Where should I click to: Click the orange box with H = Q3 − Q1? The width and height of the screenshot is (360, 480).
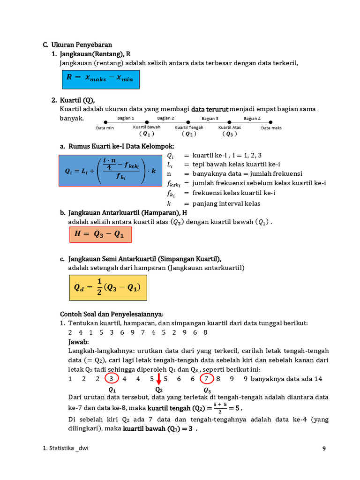coord(101,234)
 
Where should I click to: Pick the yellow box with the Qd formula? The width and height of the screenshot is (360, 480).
coord(108,287)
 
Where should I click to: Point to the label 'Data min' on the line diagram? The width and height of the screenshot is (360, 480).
coord(105,127)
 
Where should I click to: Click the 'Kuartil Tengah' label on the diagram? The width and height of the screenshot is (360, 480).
coord(189,127)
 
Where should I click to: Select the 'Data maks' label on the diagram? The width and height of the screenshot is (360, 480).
coord(271,127)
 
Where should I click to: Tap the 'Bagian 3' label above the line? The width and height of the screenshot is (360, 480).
coord(210,119)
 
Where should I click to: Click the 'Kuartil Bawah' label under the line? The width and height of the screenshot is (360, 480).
coord(147,127)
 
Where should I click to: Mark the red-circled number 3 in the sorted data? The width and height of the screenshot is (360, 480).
coord(111,379)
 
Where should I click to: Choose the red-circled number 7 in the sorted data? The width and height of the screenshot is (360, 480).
coord(207,379)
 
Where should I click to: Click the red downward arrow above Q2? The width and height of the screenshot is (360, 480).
coord(159,378)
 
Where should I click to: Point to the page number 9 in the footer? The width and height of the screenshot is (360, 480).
coord(324,448)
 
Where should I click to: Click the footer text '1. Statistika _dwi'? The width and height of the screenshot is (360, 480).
coord(65,448)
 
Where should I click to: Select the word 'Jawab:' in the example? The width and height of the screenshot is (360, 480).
coord(78,342)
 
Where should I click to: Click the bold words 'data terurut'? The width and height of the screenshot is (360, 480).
coord(210,109)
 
